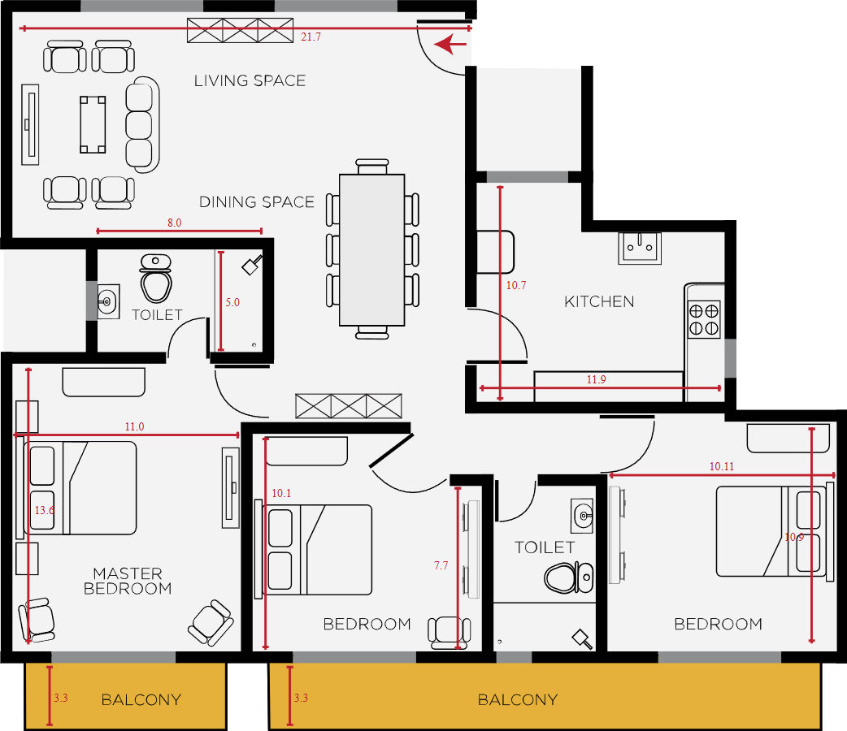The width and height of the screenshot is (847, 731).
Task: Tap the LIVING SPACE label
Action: point(250,81)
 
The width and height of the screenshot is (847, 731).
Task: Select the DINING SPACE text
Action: point(257,202)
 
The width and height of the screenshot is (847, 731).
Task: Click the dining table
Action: point(371,250)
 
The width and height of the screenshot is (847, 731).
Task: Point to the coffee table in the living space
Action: point(93,125)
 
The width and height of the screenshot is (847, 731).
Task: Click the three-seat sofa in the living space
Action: point(142,125)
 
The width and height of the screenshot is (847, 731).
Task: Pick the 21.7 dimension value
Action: point(311,37)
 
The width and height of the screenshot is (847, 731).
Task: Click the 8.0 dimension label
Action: point(174,223)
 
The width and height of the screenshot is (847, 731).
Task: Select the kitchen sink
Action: point(640,249)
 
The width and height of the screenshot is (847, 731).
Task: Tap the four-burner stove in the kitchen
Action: point(704,319)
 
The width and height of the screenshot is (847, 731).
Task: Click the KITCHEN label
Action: point(599,302)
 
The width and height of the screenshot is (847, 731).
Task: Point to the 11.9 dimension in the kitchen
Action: point(597,379)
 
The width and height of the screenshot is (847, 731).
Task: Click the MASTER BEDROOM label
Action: point(128,581)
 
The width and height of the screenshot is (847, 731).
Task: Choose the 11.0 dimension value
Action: point(134,426)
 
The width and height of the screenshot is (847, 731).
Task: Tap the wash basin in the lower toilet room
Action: point(582,516)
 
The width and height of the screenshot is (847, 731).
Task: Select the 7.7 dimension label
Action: point(441,565)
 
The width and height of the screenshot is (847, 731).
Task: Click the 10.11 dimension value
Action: point(722,466)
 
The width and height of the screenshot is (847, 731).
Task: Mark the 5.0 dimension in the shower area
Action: point(232,302)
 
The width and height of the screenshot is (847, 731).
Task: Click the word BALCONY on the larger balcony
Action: point(518,700)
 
